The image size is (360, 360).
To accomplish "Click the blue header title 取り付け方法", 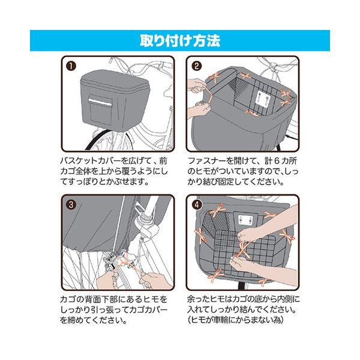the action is click(x=180, y=41).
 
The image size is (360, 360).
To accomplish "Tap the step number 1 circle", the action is click(x=71, y=67).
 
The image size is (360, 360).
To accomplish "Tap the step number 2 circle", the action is click(x=197, y=67).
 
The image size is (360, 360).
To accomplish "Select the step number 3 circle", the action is click(x=71, y=205).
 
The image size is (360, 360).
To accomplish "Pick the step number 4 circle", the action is click(x=197, y=205).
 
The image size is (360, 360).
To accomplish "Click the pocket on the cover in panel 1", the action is click(x=100, y=109).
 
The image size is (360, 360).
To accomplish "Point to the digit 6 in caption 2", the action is click(x=277, y=161).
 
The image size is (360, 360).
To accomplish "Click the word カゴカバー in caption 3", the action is click(x=148, y=310).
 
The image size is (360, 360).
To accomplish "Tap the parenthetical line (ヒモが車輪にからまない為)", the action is click(x=235, y=320).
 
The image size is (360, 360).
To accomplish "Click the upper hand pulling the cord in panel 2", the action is click(x=195, y=86).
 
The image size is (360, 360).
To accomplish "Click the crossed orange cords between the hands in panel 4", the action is click(x=242, y=250).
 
